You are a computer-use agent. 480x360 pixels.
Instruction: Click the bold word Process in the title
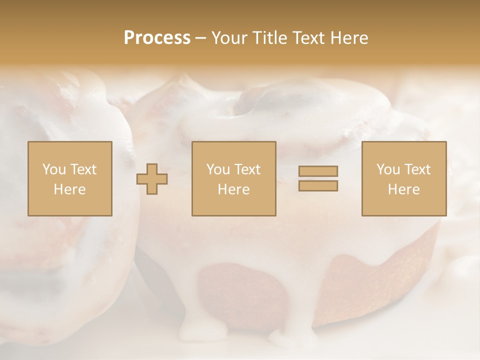[x=157, y=38]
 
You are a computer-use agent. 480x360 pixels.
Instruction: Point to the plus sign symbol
[x=152, y=178]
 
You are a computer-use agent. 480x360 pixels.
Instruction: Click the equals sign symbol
[x=318, y=178]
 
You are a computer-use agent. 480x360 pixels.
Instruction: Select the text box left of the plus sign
[x=69, y=178]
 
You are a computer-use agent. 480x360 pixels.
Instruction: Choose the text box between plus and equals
[x=233, y=178]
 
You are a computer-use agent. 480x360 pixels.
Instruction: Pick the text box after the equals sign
[x=403, y=178]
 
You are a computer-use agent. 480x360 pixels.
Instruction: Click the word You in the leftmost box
[x=53, y=169]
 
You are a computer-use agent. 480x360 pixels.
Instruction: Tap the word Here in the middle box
[x=233, y=189]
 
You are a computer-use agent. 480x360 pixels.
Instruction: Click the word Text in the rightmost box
[x=417, y=169]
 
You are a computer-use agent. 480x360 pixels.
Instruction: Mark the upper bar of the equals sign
[x=318, y=171]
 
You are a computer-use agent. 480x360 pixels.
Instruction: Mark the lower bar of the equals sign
[x=318, y=186]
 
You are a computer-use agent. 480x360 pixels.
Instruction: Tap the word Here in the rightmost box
[x=403, y=189]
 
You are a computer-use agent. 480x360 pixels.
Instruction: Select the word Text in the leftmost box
[x=83, y=169]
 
